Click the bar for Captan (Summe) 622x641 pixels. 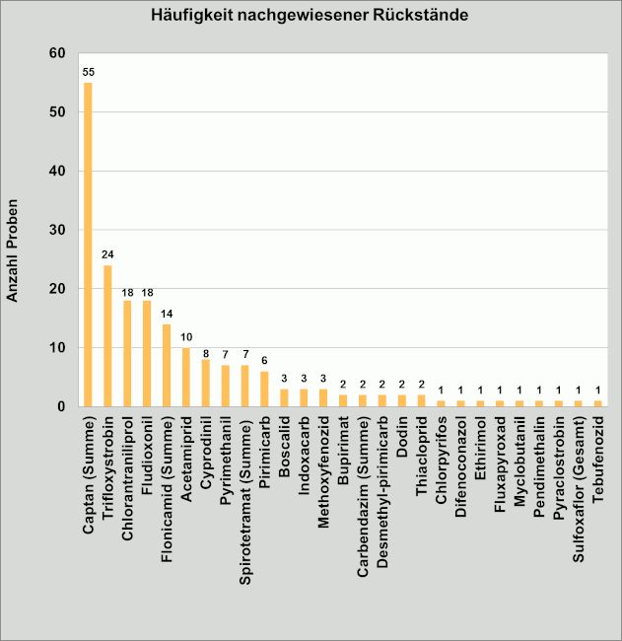click(88, 245)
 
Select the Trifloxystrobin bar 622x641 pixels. click(107, 335)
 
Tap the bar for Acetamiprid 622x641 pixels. click(185, 377)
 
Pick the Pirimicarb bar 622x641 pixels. click(264, 389)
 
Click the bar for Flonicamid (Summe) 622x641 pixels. click(167, 365)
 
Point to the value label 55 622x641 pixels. click(88, 72)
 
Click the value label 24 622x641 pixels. click(107, 255)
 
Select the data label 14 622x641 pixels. click(167, 315)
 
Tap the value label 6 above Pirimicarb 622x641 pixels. click(264, 362)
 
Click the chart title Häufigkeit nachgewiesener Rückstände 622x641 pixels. click(310, 16)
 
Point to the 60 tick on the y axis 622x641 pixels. click(57, 53)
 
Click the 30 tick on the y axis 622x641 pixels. click(57, 230)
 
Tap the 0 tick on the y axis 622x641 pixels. click(61, 406)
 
